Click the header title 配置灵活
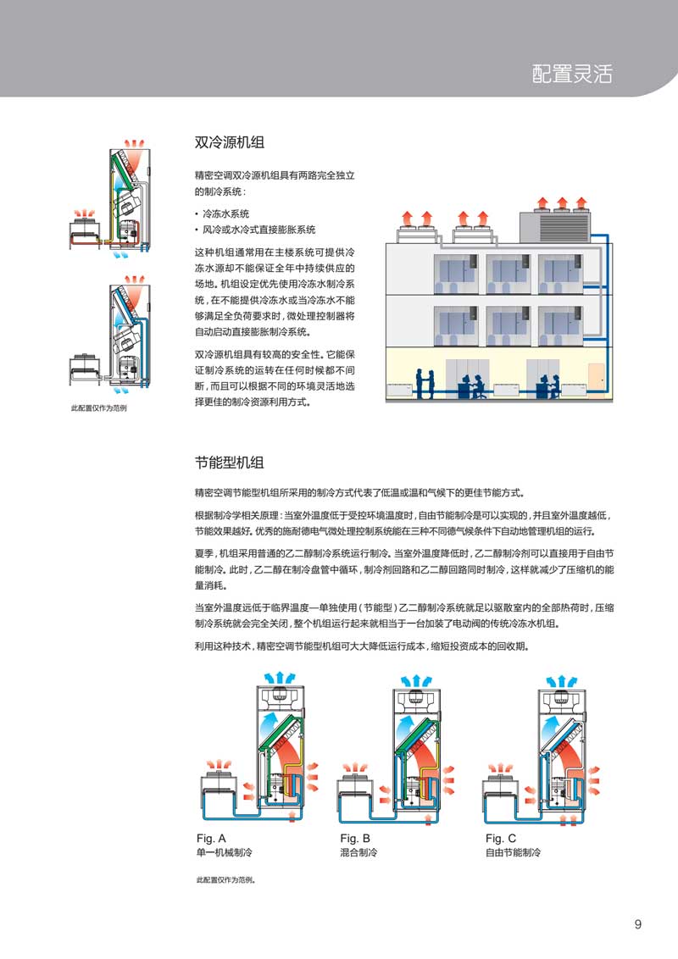pos(571,74)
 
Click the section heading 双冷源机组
pos(230,142)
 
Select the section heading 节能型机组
pos(230,463)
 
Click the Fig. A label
pos(211,838)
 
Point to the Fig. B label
pos(355,838)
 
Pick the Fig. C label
pos(501,838)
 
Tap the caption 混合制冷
pos(358,852)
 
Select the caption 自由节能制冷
pos(513,852)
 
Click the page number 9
pos(637,924)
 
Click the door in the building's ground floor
pos(596,380)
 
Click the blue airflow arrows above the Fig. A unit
pos(279,678)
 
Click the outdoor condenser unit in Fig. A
pos(220,794)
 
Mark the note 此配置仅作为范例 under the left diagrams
pos(98,408)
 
